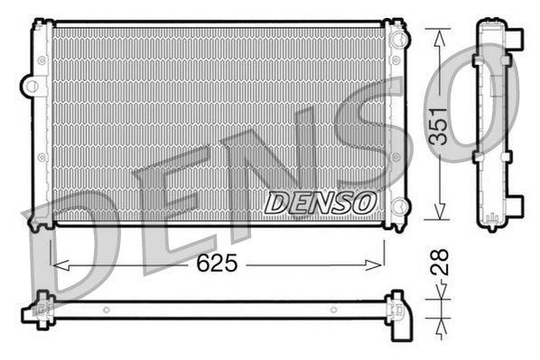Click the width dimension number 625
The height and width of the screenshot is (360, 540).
[x=218, y=264]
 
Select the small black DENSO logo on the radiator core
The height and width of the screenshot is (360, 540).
[x=318, y=203]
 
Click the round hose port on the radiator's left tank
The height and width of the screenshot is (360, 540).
[x=33, y=87]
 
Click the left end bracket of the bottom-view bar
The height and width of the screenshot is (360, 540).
[x=40, y=309]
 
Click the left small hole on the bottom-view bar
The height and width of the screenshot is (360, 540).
[x=106, y=310]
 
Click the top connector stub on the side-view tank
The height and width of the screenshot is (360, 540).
[x=517, y=38]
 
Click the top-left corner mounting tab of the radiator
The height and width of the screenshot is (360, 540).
[x=40, y=26]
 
